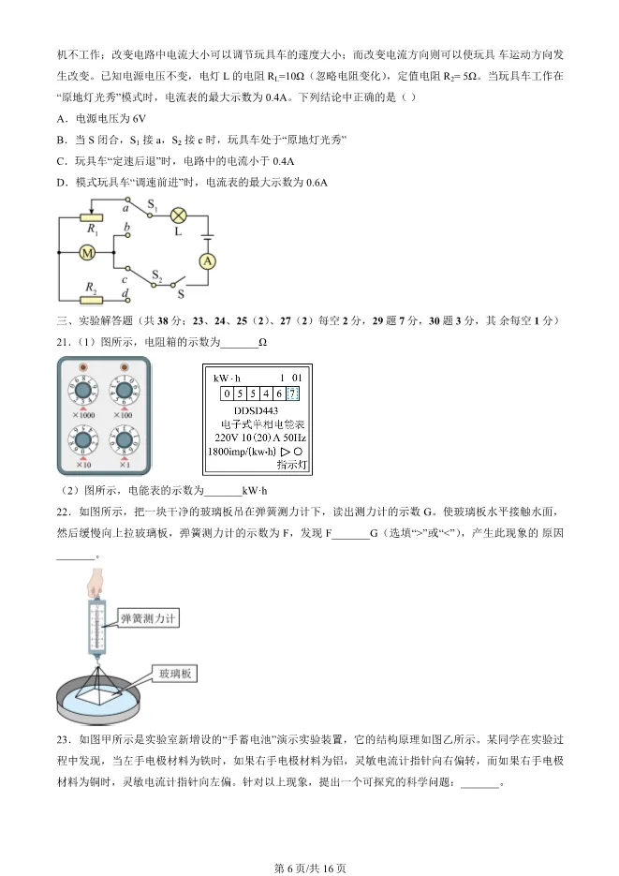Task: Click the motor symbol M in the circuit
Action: click(x=85, y=254)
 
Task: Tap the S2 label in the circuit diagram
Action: click(x=157, y=275)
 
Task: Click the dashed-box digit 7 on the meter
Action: click(x=293, y=393)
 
